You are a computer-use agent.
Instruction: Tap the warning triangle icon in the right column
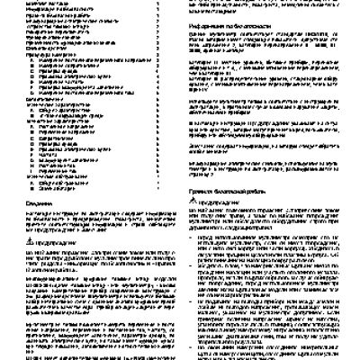click(186, 200)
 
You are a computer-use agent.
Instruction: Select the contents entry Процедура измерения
click(37, 54)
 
